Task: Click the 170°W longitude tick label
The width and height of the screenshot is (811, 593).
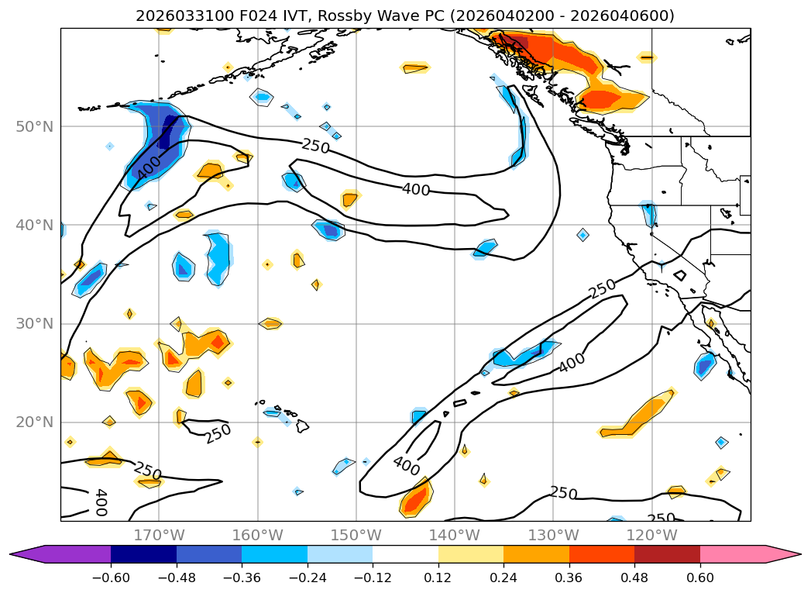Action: click(x=159, y=536)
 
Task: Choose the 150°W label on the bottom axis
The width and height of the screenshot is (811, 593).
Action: click(x=356, y=536)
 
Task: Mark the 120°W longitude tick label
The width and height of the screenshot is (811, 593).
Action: click(x=651, y=536)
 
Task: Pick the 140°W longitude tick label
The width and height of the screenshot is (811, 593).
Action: click(x=454, y=536)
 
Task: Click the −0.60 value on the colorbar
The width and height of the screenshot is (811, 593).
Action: click(x=111, y=578)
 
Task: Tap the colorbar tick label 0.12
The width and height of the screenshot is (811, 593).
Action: click(x=438, y=578)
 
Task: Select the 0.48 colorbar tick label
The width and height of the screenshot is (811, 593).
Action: click(x=634, y=578)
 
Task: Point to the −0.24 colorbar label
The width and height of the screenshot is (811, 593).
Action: click(x=308, y=578)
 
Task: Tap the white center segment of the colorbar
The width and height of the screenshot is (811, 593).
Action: click(x=405, y=554)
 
